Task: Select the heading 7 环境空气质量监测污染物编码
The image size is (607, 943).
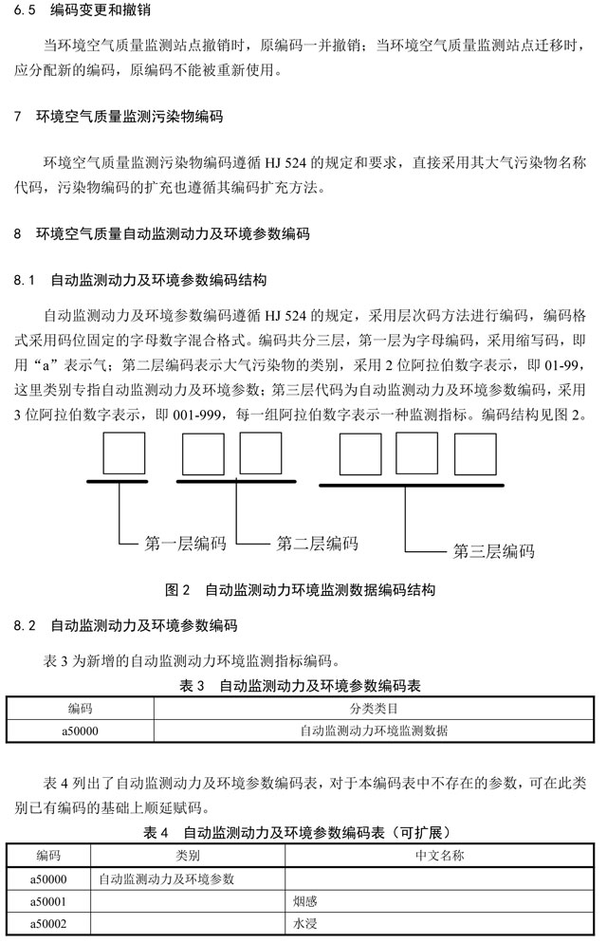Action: [119, 118]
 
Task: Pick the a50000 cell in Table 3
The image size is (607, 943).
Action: [81, 730]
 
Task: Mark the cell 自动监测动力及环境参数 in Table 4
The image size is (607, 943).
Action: [166, 878]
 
